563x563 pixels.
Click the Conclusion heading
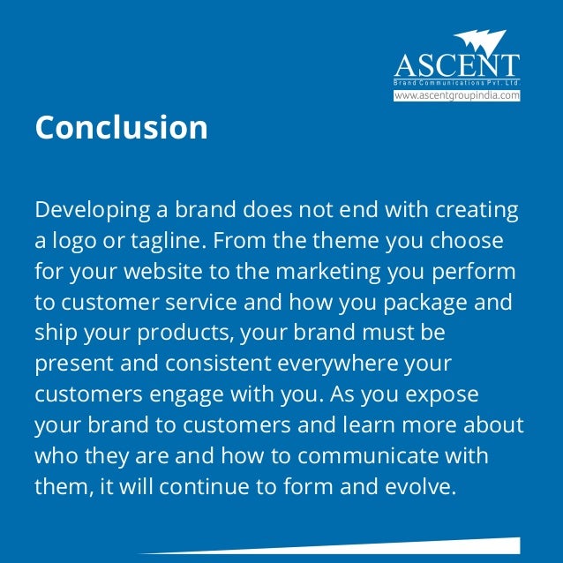pyautogui.click(x=121, y=127)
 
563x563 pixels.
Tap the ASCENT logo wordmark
pyautogui.click(x=456, y=65)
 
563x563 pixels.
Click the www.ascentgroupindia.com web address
pyautogui.click(x=456, y=95)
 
